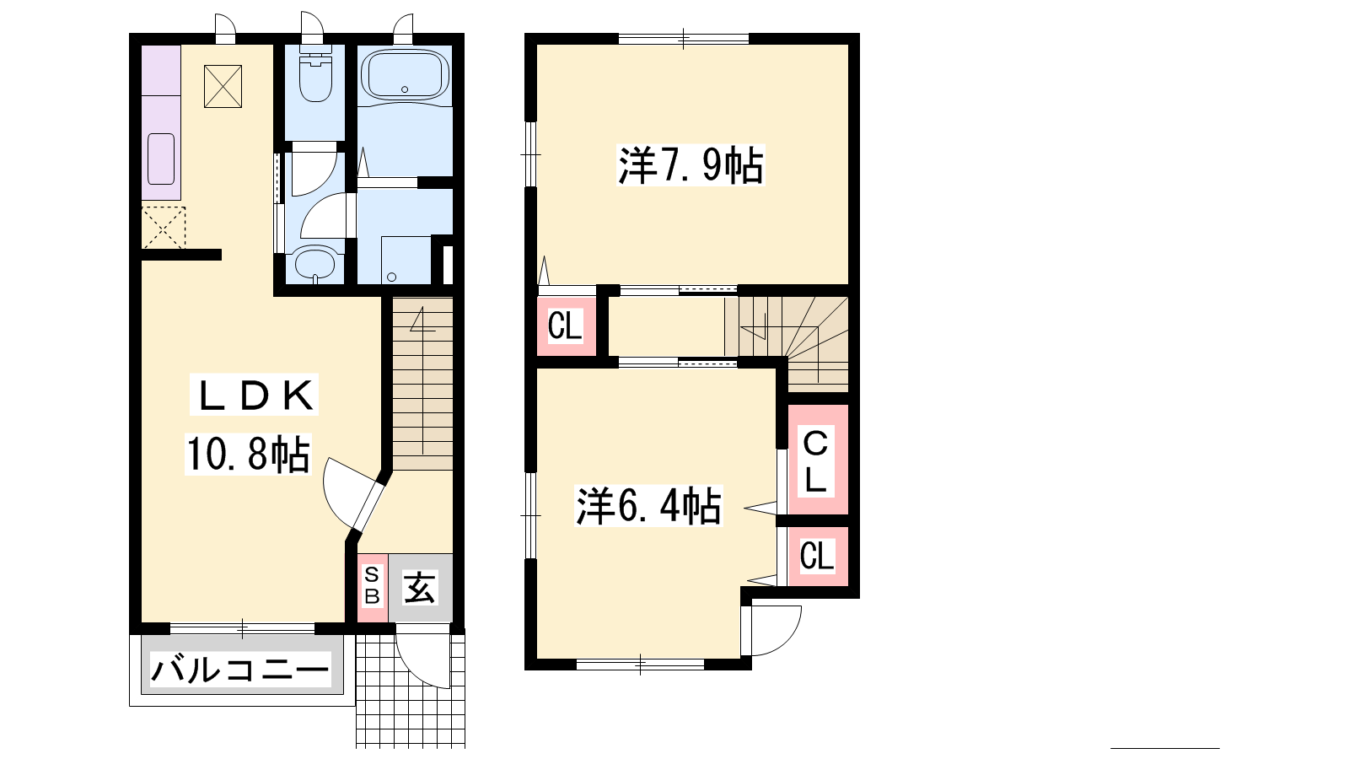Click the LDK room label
point(254,396)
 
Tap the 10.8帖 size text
point(248,454)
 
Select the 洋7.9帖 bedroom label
point(691,165)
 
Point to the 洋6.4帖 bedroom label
point(648,506)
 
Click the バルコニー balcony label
point(240,670)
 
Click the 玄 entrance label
point(419,587)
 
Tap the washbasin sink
point(314,264)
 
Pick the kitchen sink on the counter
point(161,159)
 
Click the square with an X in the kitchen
point(223,86)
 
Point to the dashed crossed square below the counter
point(164,227)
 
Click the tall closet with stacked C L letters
point(816,460)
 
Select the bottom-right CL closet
point(817,556)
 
